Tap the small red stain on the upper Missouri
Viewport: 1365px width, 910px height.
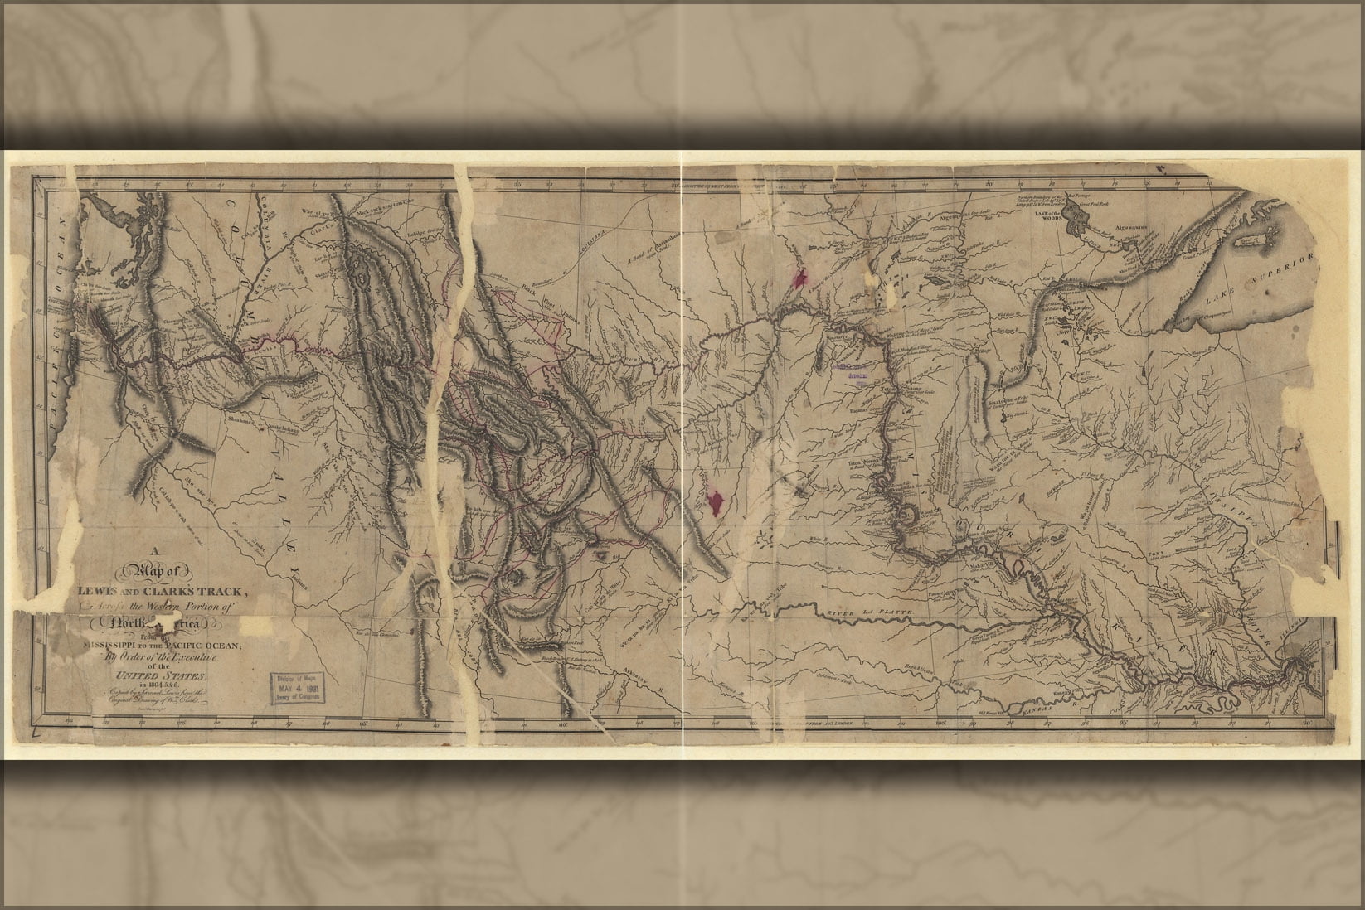[800, 278]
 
